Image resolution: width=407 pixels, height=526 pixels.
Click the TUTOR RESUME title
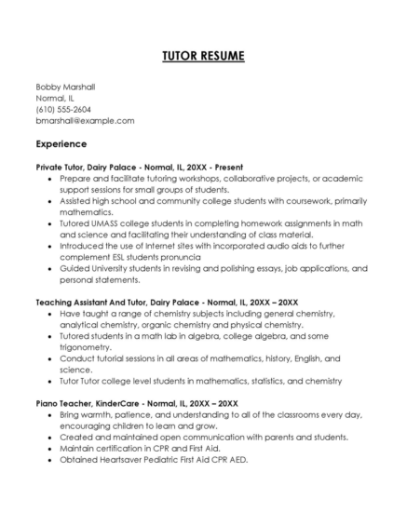203,57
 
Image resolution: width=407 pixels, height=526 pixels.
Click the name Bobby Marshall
65,87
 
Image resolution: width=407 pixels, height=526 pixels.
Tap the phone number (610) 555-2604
63,109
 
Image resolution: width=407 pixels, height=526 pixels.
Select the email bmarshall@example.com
85,120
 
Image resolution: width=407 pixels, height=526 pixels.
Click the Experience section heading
61,144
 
